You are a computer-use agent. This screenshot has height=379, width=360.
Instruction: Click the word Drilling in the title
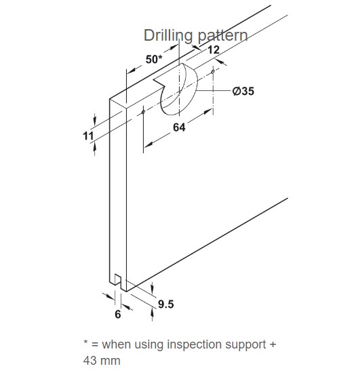[x=167, y=36]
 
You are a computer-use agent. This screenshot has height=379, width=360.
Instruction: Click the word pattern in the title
[x=222, y=36]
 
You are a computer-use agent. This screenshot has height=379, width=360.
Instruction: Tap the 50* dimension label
[x=154, y=59]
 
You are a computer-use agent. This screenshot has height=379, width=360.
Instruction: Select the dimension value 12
[x=214, y=49]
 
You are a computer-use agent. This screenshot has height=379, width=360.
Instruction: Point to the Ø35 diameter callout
[x=243, y=91]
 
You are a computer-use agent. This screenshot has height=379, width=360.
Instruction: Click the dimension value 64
[x=179, y=127]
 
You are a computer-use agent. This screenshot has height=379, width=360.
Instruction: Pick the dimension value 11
[x=88, y=136]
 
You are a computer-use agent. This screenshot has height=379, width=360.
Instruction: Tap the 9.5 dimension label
[x=166, y=304]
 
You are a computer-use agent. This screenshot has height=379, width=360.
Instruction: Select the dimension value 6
[x=118, y=314]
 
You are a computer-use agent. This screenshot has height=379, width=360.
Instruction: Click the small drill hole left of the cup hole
[x=143, y=112]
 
